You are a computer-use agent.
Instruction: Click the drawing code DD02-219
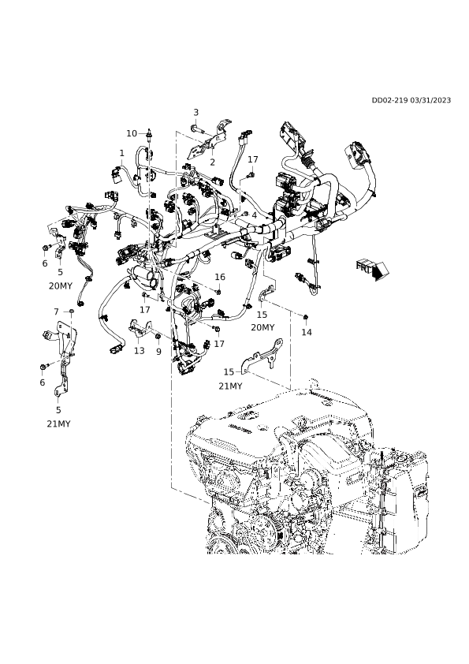pos(389,100)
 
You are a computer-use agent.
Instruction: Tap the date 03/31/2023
pos(430,100)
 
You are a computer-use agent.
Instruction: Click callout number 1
pos(122,153)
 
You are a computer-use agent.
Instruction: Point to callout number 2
pos(213,162)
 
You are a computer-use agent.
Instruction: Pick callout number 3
pos(196,112)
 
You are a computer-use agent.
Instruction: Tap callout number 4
pos(254,215)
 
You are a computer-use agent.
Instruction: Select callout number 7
pos(56,311)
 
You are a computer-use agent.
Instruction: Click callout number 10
pos(132,133)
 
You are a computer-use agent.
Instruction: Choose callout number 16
pos(220,277)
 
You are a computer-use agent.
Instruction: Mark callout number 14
pos(307,332)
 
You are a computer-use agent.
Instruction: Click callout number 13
pos(140,351)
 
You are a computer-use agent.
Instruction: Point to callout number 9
pos(158,352)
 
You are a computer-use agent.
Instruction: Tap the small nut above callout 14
pos(306,317)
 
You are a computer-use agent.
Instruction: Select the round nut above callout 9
pos(158,337)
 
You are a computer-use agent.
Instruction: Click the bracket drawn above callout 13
pos(140,329)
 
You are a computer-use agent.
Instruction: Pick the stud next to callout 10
pos(150,134)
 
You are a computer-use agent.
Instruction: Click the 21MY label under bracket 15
pos(230,386)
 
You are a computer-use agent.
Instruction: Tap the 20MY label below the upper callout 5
pos(61,285)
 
